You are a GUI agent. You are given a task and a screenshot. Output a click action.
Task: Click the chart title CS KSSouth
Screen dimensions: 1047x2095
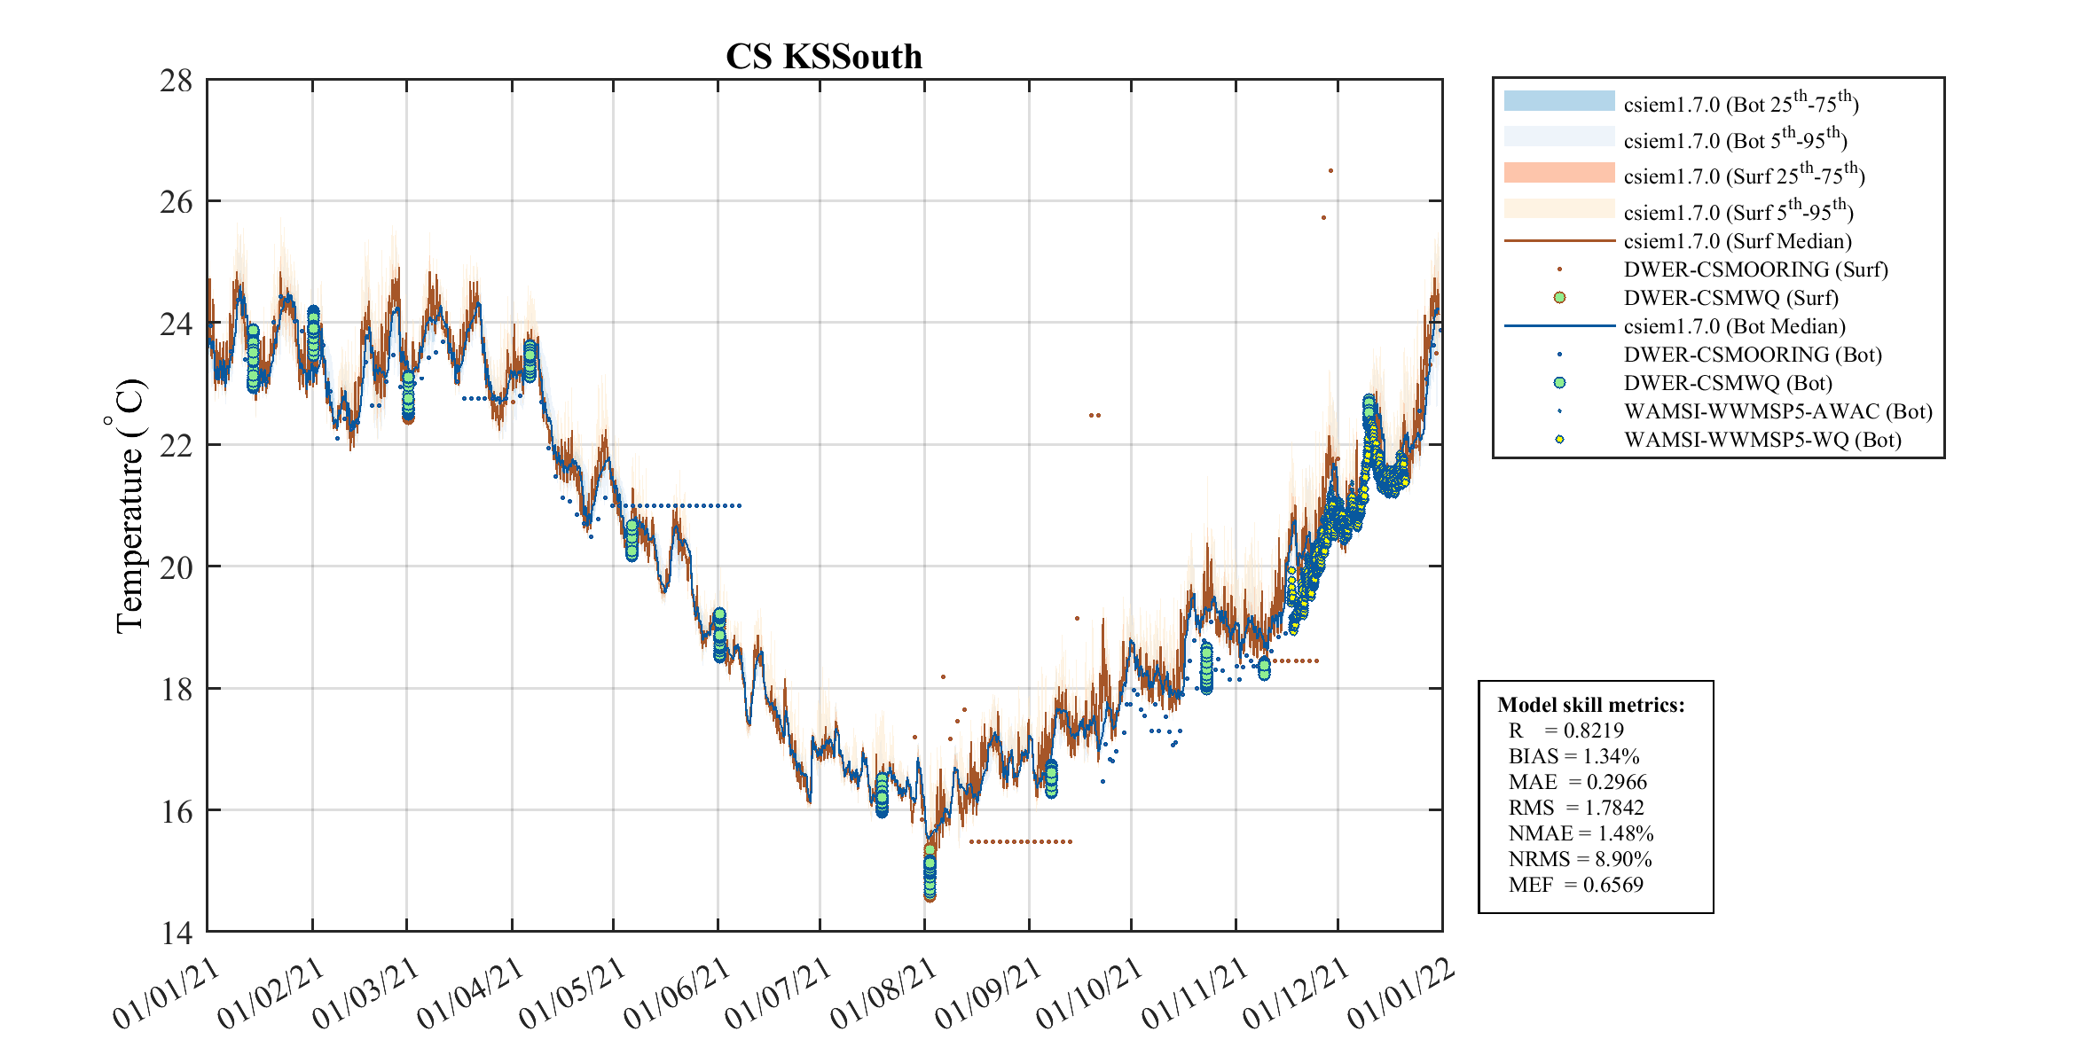pos(824,57)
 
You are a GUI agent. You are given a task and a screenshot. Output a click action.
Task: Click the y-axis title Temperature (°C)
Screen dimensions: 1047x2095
pos(129,506)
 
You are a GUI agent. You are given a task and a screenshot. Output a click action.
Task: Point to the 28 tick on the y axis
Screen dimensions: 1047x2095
pos(176,82)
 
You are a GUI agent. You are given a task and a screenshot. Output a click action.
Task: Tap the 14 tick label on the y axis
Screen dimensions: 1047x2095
pos(176,933)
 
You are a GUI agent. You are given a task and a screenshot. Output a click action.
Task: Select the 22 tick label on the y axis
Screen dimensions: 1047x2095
pos(176,446)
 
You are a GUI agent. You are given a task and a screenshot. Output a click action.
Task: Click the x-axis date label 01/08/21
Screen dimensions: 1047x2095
pos(883,994)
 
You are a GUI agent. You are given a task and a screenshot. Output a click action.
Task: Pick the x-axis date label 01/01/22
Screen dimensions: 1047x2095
pos(1401,994)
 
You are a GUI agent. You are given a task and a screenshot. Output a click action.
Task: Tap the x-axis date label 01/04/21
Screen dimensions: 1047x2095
pos(469,994)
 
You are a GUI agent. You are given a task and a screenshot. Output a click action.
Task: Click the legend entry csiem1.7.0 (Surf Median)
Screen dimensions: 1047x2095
pos(1737,241)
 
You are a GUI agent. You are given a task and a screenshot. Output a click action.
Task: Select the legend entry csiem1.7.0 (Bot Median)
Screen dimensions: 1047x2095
pos(1734,326)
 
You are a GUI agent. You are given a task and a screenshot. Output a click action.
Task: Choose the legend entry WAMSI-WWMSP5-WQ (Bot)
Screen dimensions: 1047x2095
pos(1762,440)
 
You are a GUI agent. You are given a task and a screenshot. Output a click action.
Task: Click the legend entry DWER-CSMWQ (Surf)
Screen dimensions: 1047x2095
pos(1730,298)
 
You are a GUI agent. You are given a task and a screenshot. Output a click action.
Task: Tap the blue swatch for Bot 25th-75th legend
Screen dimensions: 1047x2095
pos(1558,101)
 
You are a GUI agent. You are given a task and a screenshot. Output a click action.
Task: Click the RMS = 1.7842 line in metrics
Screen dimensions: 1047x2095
pos(1575,808)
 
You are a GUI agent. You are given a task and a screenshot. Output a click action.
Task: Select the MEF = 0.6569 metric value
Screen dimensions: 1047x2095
pos(1575,885)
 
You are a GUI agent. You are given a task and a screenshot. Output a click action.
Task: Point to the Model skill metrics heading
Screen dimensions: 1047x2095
pos(1590,705)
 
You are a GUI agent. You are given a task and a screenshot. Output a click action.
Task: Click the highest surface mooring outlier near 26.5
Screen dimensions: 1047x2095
pos(1330,171)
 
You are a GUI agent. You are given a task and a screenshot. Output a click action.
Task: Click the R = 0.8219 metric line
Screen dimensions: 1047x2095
pos(1565,731)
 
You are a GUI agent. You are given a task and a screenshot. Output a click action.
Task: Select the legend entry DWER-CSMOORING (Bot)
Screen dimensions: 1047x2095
pos(1752,355)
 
